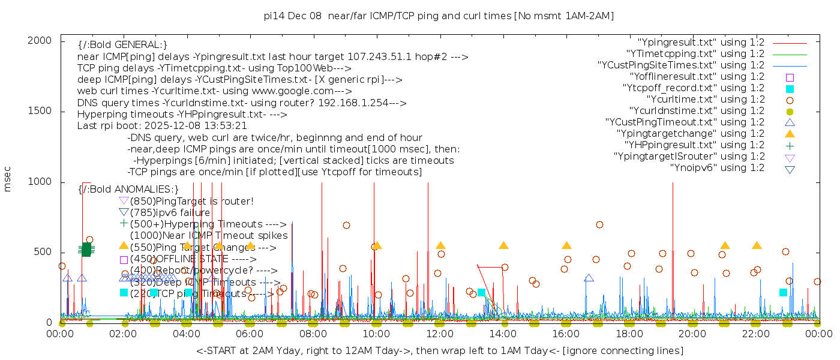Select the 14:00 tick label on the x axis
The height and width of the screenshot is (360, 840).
pyautogui.click(x=503, y=334)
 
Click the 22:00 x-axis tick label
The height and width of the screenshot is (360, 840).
pyautogui.click(x=755, y=334)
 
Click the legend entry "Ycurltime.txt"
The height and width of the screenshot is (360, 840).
pyautogui.click(x=705, y=100)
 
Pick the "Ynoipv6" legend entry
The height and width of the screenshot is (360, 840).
pyautogui.click(x=717, y=168)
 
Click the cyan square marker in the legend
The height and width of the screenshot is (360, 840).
pyautogui.click(x=790, y=89)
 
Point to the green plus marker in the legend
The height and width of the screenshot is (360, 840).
pyautogui.click(x=790, y=145)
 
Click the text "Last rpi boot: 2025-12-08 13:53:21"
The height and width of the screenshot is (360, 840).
pyautogui.click(x=162, y=126)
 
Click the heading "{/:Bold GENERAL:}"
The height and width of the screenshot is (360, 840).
pyautogui.click(x=122, y=46)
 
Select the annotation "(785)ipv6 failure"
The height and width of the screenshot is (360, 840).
pyautogui.click(x=170, y=213)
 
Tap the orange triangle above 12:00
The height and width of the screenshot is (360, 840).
pyautogui.click(x=440, y=245)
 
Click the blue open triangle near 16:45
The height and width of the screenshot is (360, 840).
pyautogui.click(x=589, y=278)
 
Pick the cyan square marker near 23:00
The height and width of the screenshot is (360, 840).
pyautogui.click(x=783, y=292)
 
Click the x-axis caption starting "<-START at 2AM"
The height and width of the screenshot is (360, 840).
pyautogui.click(x=439, y=350)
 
